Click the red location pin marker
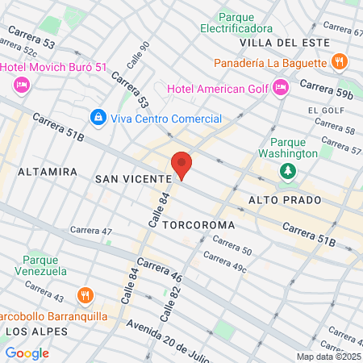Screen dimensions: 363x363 coord(182,165)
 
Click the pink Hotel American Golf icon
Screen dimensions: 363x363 coord(281,86)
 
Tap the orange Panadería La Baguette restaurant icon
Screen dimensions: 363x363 coord(340,60)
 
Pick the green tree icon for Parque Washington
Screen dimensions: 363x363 coord(288,170)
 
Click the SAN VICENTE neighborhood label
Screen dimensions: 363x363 coord(134,178)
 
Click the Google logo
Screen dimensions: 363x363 coord(27,353)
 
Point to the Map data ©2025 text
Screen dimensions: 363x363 coord(328,357)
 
